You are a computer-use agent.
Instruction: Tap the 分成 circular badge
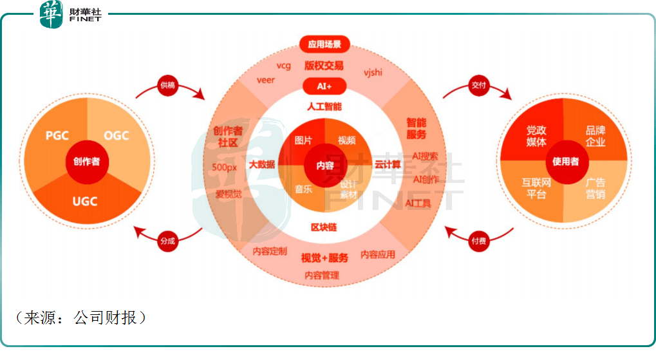[x=167, y=241]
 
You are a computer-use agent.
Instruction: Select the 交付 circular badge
[x=477, y=85]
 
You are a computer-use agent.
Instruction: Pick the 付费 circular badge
[x=478, y=242]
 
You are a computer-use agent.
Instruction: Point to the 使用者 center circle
[x=565, y=161]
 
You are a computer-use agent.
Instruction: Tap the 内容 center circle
[x=324, y=165]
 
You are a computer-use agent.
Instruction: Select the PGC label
[x=57, y=136]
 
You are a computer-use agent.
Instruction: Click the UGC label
[x=84, y=202]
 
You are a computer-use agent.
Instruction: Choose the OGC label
[x=117, y=135]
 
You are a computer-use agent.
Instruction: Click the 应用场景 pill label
[x=324, y=45]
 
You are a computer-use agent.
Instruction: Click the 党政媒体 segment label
[x=536, y=136]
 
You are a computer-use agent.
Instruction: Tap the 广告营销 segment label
[x=595, y=189]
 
